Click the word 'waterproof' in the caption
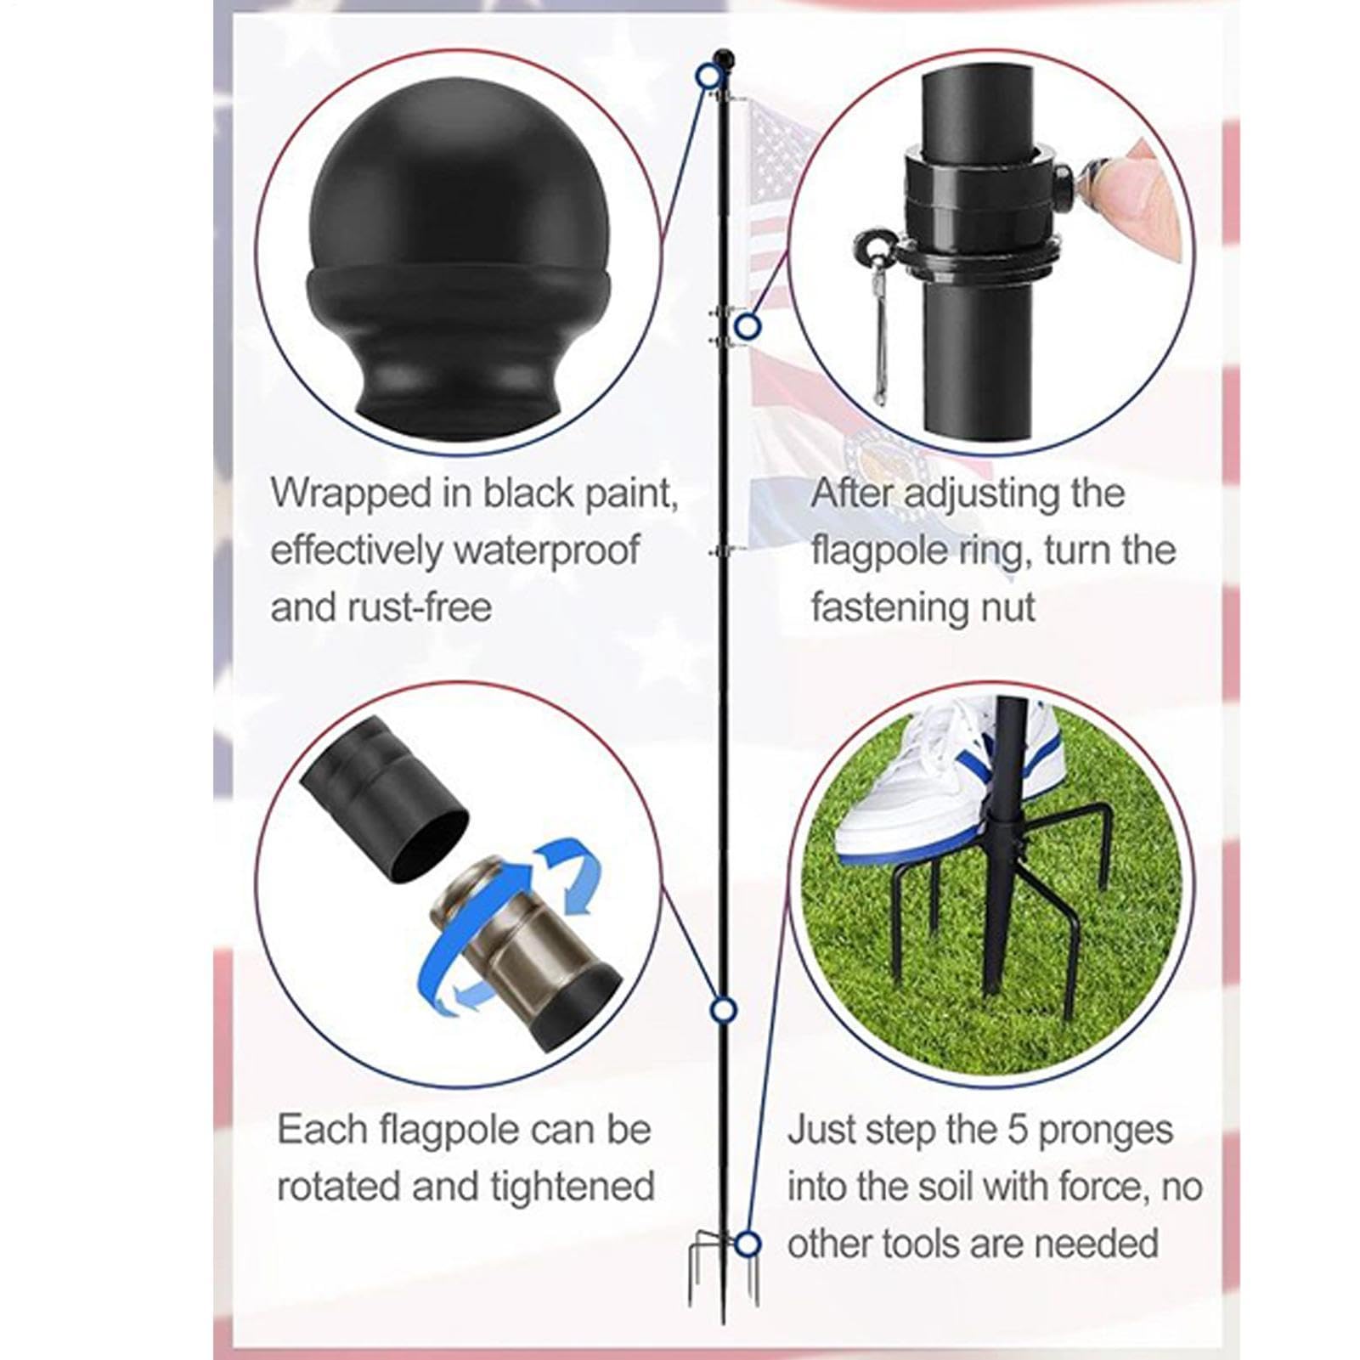click(x=547, y=550)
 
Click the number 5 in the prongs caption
click(x=1018, y=1130)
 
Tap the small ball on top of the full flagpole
click(x=723, y=58)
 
